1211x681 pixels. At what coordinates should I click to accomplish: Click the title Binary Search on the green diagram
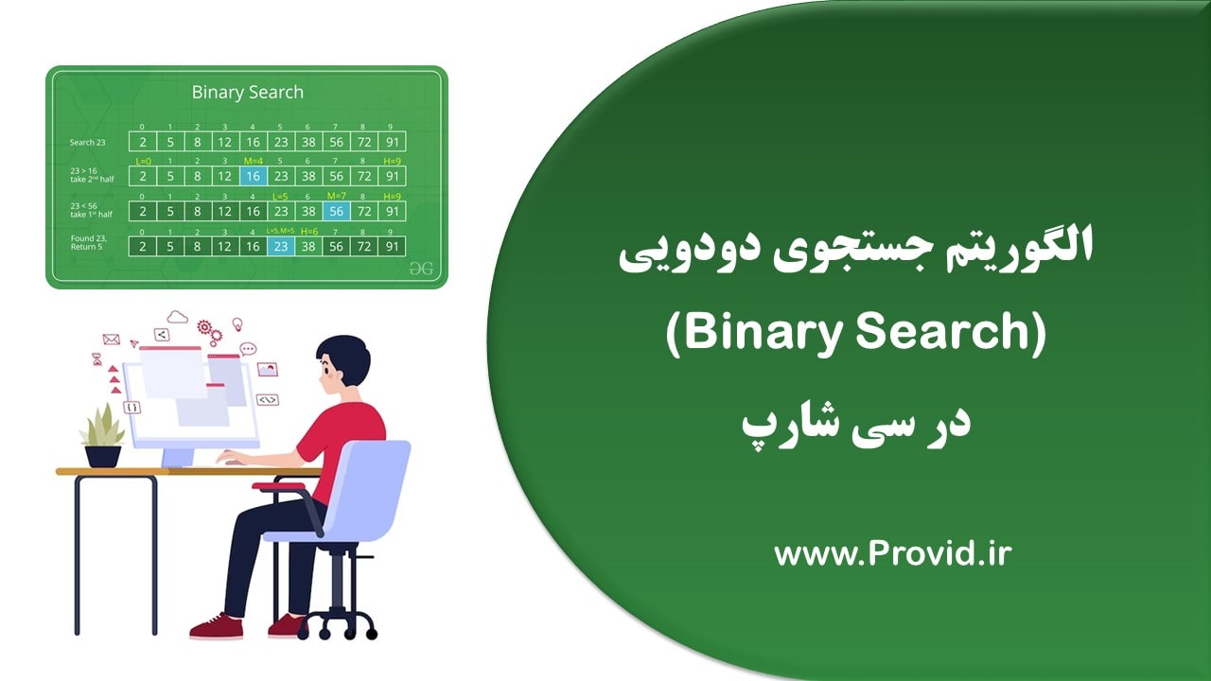[247, 92]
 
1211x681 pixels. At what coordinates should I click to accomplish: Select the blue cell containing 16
[253, 176]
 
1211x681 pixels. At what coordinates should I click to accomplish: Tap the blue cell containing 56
[336, 211]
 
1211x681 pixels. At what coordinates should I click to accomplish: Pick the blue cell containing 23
[280, 246]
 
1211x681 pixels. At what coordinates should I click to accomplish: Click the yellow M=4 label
[252, 161]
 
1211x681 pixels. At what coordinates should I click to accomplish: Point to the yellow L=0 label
[143, 161]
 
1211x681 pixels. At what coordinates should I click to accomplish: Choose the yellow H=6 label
[308, 231]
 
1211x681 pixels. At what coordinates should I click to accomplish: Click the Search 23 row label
[87, 143]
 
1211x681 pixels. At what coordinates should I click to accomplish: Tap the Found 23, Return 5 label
[88, 243]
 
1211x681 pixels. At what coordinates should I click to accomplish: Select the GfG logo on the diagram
[421, 269]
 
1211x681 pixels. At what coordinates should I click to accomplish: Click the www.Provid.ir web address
[892, 553]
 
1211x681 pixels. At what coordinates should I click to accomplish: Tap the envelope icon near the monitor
[111, 339]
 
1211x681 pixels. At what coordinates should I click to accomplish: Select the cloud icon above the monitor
[177, 317]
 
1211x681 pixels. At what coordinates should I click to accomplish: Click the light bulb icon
[237, 324]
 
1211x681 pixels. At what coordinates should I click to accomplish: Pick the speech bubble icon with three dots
[248, 348]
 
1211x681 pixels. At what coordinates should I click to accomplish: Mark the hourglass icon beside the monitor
[97, 359]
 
